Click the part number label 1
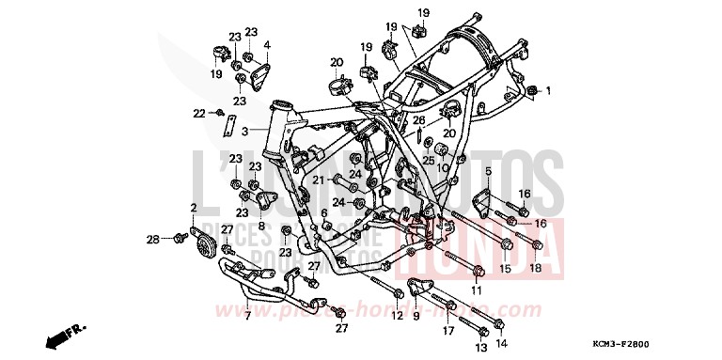(x=550, y=90)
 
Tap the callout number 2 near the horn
(x=194, y=208)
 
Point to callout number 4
(x=267, y=44)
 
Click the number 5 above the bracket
(x=488, y=171)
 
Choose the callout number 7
(x=247, y=316)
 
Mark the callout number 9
(x=415, y=316)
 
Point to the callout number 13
(x=481, y=345)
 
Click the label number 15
(x=504, y=269)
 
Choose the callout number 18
(x=535, y=269)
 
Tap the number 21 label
(x=319, y=180)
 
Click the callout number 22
(x=199, y=113)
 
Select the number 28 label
(x=151, y=241)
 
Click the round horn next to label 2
(x=202, y=247)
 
